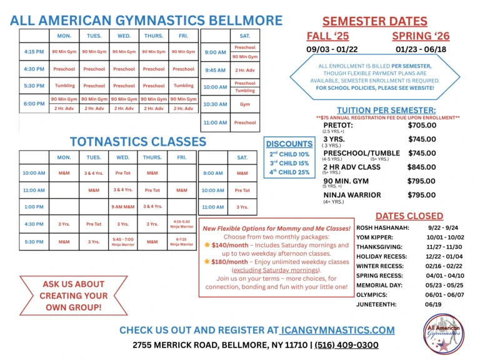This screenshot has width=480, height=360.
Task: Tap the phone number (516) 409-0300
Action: [346, 345]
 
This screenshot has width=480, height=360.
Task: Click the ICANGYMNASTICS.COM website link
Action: [337, 330]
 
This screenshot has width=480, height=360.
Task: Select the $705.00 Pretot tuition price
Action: [422, 125]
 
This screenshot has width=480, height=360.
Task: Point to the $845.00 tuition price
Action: [422, 167]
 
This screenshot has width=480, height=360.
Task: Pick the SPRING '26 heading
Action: [421, 36]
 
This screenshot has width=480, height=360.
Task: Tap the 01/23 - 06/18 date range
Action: [421, 49]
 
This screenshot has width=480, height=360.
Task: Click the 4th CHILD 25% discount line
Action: [289, 172]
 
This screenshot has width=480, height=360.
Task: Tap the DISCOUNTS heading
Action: [289, 144]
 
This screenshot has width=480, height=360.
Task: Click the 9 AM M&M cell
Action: [123, 206]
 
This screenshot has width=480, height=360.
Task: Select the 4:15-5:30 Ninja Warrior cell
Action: [182, 223]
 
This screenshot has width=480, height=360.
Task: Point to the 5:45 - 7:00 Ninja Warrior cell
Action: [123, 241]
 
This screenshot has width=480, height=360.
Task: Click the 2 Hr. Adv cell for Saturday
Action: [244, 70]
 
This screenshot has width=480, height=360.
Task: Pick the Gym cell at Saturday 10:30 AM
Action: [244, 104]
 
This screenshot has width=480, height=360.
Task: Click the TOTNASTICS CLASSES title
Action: [137, 141]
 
